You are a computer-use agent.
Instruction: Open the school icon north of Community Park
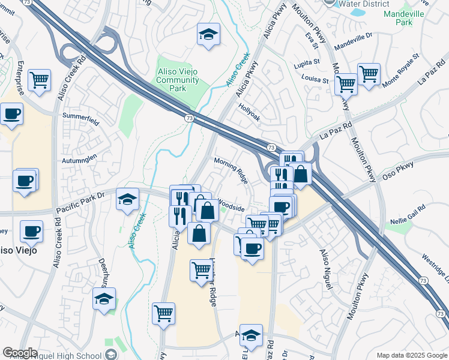[208, 35]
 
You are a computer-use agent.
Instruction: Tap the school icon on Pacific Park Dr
[127, 199]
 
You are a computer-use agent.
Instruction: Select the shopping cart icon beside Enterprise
[39, 79]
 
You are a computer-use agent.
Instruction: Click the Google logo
[20, 353]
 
